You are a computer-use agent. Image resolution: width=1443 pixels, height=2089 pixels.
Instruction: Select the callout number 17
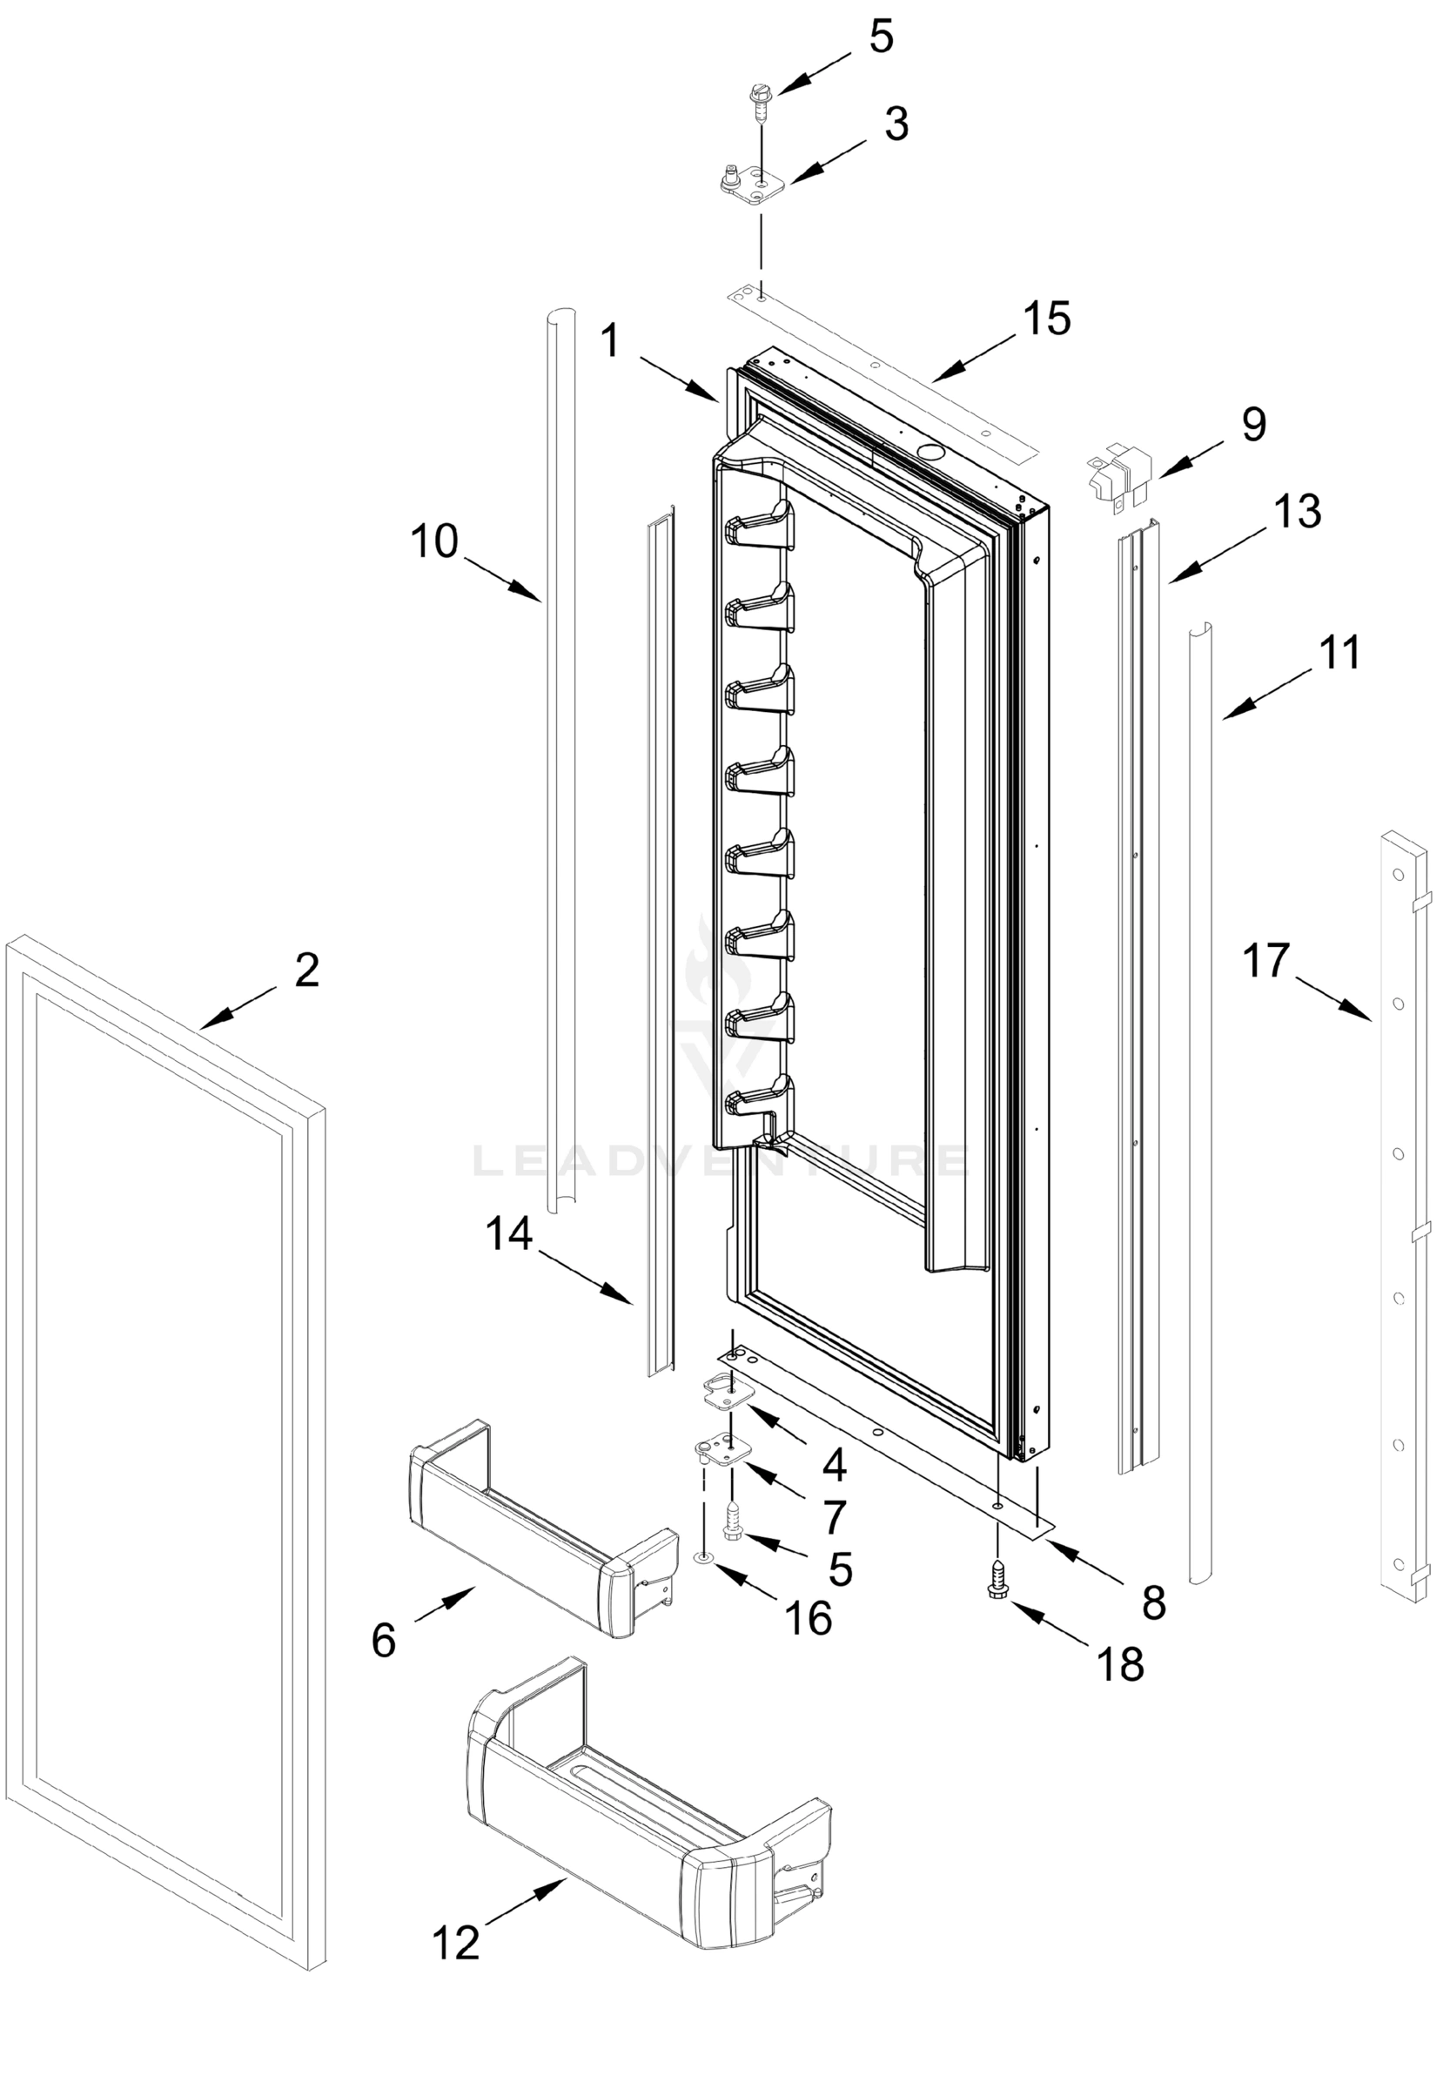(x=1264, y=960)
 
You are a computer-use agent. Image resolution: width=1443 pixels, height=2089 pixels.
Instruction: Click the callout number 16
(x=808, y=1618)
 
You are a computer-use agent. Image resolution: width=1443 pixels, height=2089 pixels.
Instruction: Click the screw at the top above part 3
(x=761, y=100)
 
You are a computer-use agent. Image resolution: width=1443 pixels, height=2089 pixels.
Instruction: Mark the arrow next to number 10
(x=502, y=577)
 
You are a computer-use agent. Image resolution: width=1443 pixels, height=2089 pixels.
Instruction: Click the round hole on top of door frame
(x=928, y=449)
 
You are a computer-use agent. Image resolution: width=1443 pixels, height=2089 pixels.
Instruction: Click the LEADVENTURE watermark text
(x=720, y=1159)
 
